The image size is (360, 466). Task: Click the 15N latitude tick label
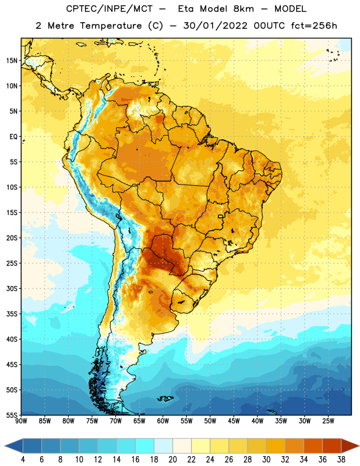pos(12,61)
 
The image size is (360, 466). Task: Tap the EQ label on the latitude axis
pos(13,137)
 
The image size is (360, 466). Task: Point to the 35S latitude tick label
pos(12,314)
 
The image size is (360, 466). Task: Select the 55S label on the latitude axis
pos(12,415)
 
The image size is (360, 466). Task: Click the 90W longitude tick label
pos(22,421)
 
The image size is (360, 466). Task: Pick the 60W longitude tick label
pos(163,421)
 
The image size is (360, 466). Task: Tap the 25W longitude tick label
pos(328,421)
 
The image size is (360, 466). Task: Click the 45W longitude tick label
pos(234,421)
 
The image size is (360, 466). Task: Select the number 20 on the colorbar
pos(172,460)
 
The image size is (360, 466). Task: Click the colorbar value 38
pos(341,460)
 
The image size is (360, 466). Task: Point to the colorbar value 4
pos(23,460)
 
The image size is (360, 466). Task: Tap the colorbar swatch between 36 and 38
pos(332,446)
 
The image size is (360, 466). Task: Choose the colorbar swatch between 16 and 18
pos(144,446)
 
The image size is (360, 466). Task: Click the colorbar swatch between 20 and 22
pos(182,446)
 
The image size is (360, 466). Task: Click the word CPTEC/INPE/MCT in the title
pos(110,9)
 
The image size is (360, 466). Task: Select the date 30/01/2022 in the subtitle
pos(215,26)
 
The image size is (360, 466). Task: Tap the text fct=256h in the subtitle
pos(314,26)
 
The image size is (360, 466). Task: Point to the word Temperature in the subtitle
pos(111,26)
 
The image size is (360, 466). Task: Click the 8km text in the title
pos(243,9)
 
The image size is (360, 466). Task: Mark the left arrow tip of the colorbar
pos(5,446)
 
